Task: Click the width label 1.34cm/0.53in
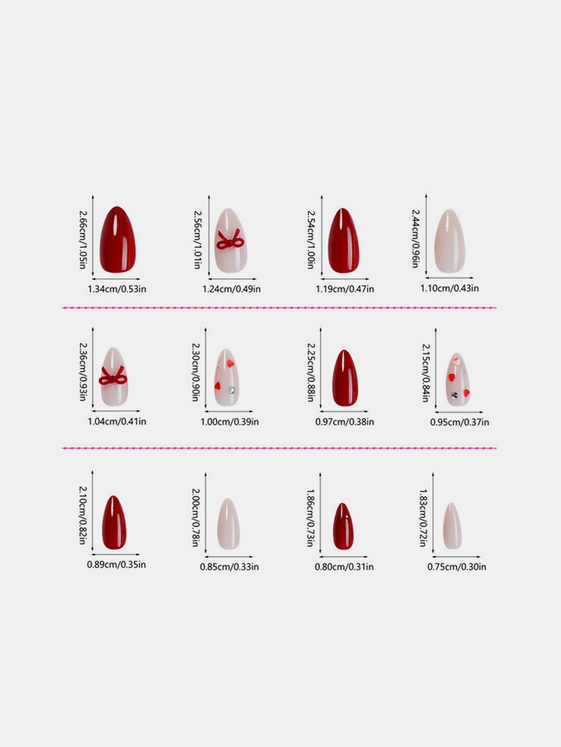pos(117,289)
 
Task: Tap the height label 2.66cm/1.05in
pos(83,240)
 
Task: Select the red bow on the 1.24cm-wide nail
pos(230,240)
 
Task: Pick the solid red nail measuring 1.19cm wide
pos(343,240)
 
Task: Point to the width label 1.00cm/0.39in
pos(229,422)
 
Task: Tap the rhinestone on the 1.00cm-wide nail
pos(233,389)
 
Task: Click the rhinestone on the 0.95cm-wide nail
pos(454,395)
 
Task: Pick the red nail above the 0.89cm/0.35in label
pos(114,522)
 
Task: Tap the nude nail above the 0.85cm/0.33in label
pos(228,524)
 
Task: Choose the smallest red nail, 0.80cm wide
pos(343,526)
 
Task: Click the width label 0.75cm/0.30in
pos(457,567)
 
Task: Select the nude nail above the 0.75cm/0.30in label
pos(452,526)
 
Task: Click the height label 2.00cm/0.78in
pos(196,517)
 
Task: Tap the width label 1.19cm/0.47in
pos(345,289)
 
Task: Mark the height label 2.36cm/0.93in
pos(83,372)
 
